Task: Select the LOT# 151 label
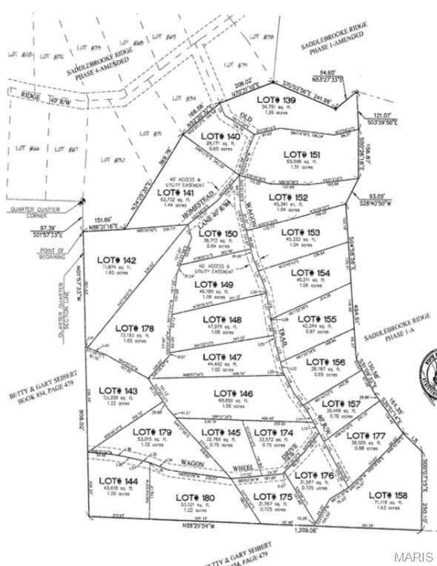[x=303, y=154]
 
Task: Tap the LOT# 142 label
[x=118, y=260]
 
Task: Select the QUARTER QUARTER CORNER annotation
[x=36, y=213]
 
